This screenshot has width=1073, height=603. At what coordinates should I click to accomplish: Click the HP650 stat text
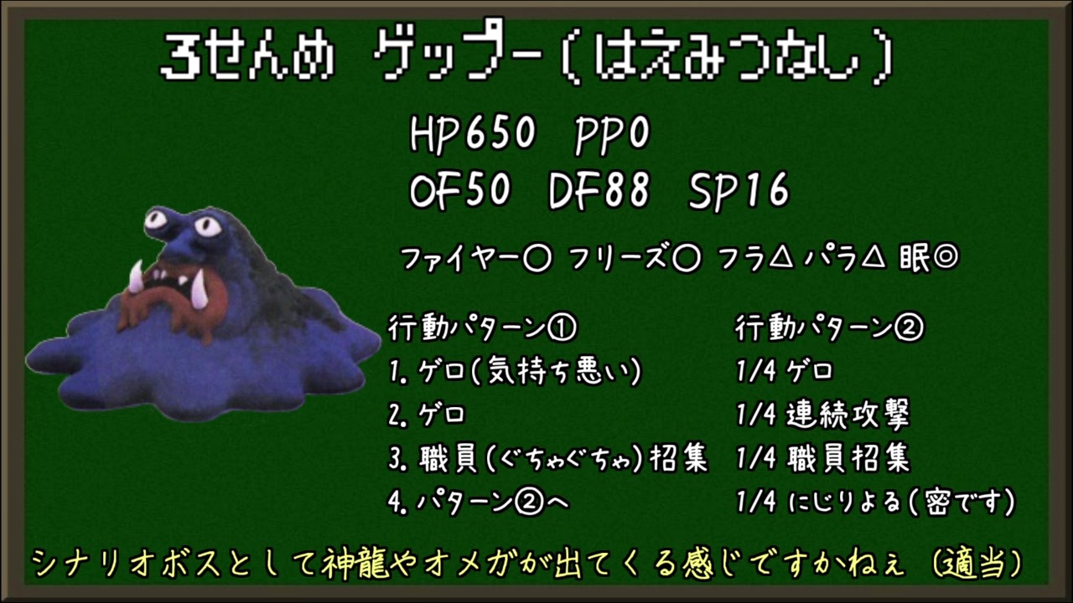472,134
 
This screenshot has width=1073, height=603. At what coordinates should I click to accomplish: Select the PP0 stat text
612,135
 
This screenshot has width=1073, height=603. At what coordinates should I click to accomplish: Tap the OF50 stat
460,190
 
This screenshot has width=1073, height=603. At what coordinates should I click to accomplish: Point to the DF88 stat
599,190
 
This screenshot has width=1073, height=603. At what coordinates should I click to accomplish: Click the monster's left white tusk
137,276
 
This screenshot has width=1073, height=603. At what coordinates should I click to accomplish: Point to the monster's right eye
206,225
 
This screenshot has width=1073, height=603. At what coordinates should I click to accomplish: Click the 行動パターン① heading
483,328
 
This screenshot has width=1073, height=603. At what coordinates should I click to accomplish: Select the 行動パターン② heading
830,328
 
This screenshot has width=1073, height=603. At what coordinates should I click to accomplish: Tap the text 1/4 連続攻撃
823,415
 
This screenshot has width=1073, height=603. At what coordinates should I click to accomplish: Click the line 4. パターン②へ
479,502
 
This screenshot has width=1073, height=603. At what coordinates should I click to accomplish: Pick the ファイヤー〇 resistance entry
475,260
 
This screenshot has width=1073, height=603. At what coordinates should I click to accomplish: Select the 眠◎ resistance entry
929,259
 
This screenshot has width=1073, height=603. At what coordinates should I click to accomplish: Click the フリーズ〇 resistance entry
635,260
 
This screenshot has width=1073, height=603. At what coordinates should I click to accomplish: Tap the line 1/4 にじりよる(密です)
876,502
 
